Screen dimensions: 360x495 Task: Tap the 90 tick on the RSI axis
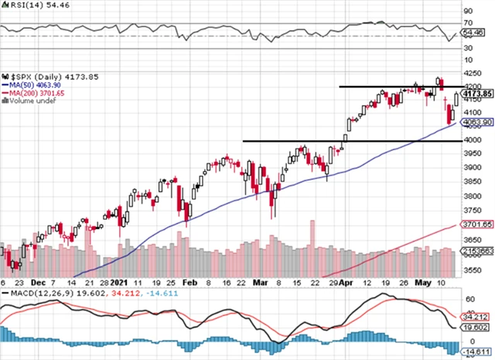click(468, 11)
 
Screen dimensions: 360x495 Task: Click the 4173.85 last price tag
click(479, 94)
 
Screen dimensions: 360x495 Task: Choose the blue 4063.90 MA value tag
click(479, 122)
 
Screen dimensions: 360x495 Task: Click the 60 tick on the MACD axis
click(468, 298)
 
